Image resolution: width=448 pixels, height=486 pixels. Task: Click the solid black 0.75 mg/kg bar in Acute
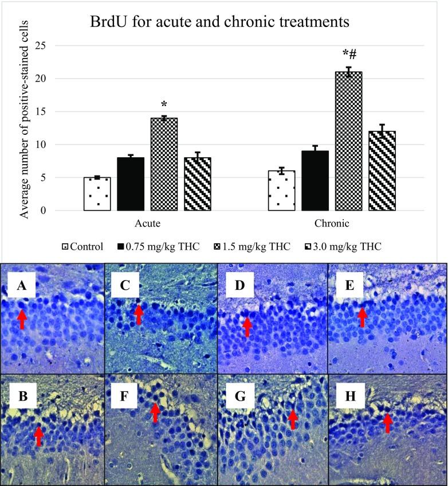pyautogui.click(x=131, y=184)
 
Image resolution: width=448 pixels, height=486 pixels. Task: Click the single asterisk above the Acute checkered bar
pyautogui.click(x=164, y=104)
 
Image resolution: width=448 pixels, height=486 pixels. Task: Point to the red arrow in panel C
pyautogui.click(x=137, y=313)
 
